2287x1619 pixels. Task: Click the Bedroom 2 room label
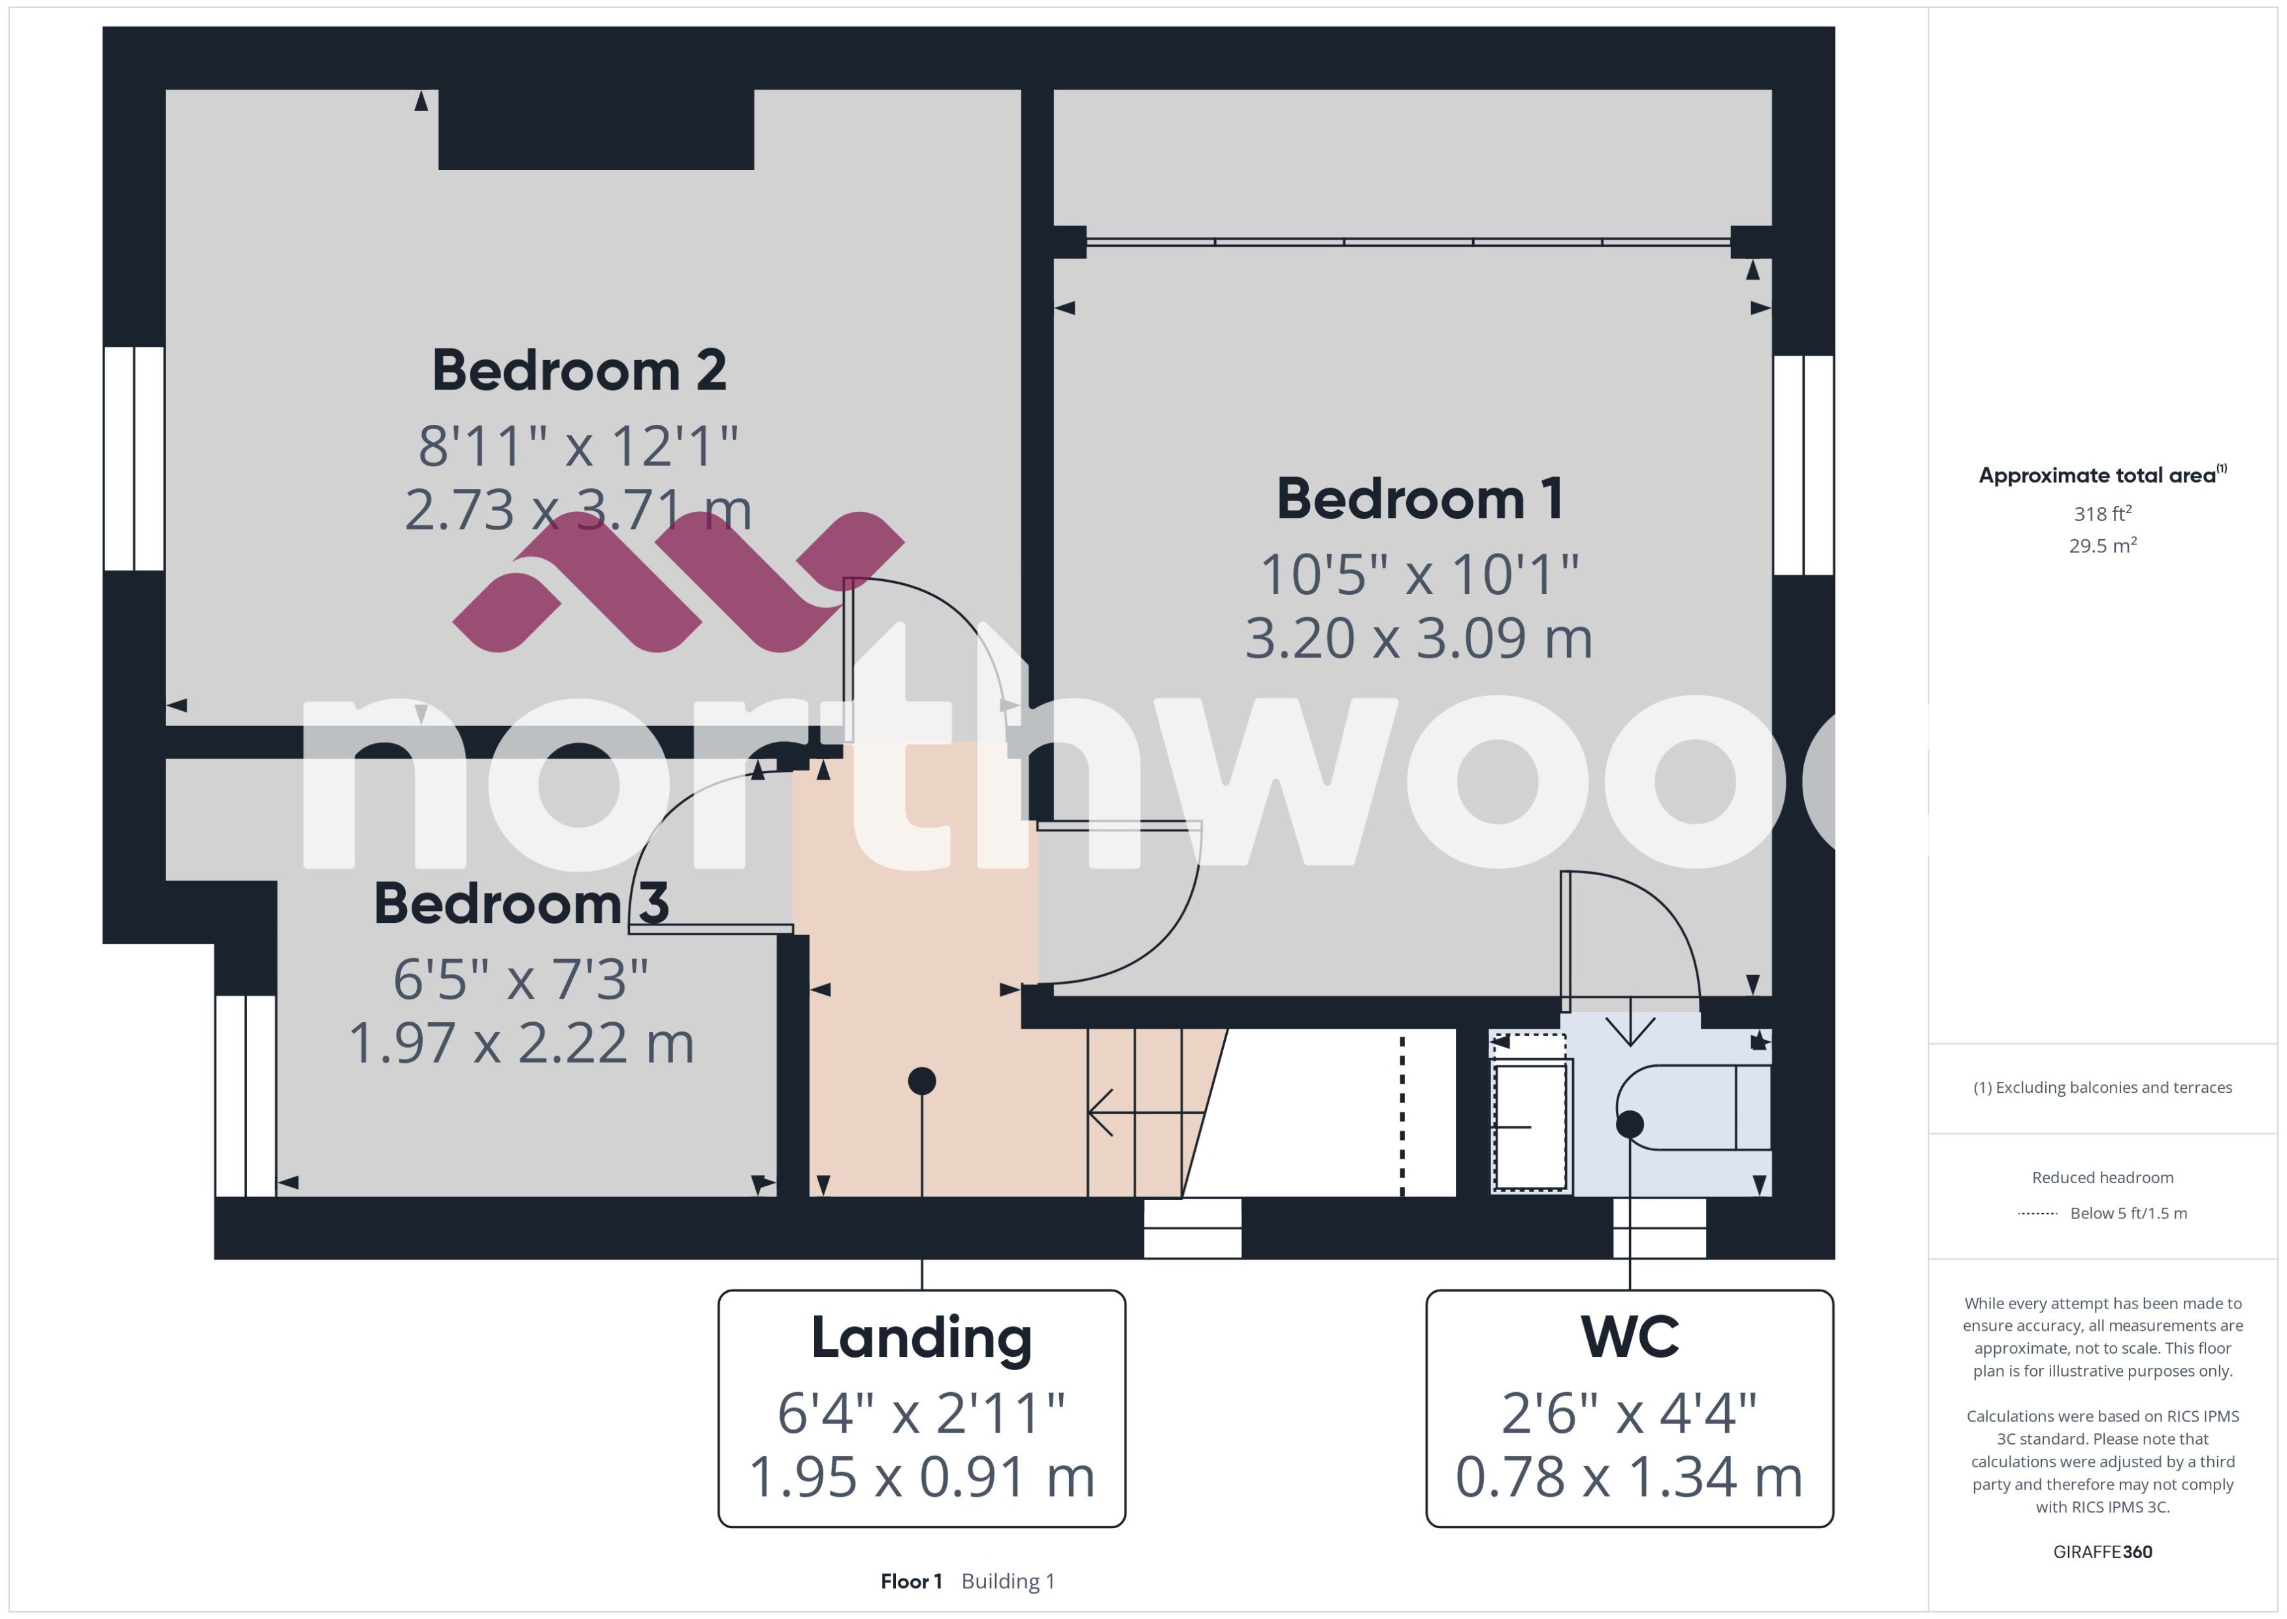tap(579, 371)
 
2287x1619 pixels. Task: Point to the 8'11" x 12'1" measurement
tap(578, 446)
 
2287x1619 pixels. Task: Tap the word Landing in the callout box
tap(922, 1338)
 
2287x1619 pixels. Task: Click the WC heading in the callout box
tap(1629, 1338)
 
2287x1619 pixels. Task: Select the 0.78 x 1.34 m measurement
tap(1629, 1477)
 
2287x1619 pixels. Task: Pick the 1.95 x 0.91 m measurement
tap(922, 1477)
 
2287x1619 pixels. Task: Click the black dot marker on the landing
tap(922, 1080)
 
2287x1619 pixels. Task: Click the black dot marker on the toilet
tap(1629, 1124)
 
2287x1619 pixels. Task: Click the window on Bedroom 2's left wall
tap(133, 459)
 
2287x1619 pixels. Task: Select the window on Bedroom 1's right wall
tap(1803, 465)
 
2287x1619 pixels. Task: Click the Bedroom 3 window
tap(245, 1095)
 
